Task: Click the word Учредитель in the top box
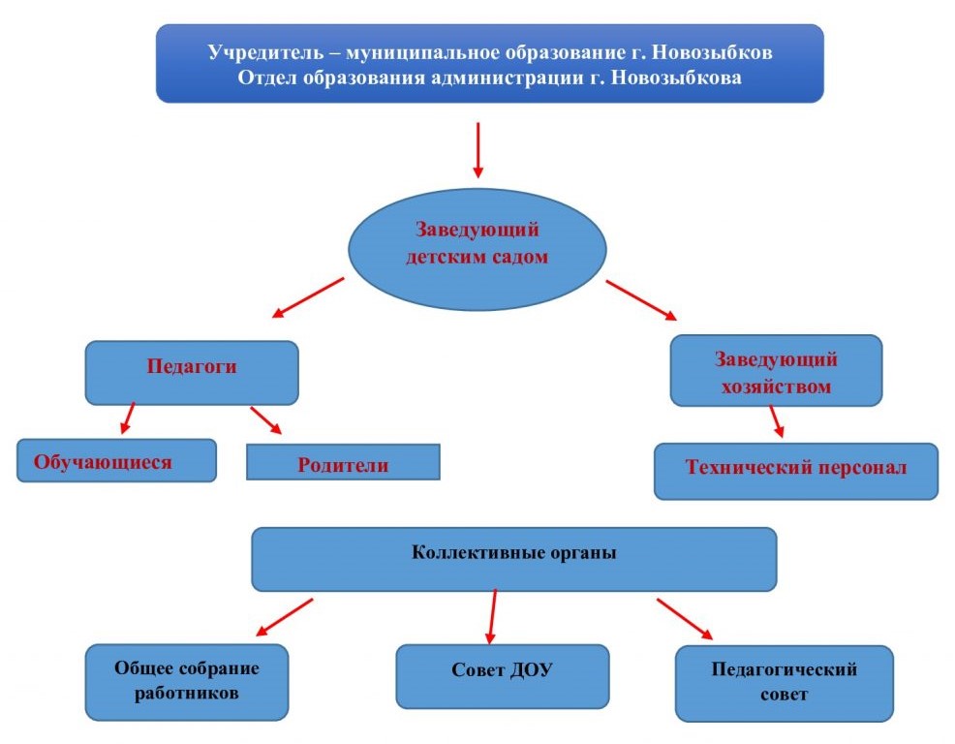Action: click(x=265, y=52)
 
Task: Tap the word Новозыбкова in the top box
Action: click(x=676, y=78)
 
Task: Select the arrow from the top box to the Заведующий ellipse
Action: click(x=478, y=150)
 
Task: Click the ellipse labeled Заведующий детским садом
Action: click(x=477, y=249)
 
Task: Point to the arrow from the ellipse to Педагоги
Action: click(x=308, y=298)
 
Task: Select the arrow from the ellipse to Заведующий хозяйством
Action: click(x=641, y=299)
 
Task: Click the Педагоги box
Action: click(x=192, y=372)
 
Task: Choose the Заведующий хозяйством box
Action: click(x=776, y=370)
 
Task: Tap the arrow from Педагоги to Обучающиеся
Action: click(x=127, y=418)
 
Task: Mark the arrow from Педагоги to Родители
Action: click(x=266, y=420)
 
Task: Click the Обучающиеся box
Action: click(x=116, y=461)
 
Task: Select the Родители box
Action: click(x=343, y=462)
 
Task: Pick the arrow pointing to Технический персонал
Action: click(x=777, y=421)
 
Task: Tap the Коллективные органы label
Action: click(x=514, y=552)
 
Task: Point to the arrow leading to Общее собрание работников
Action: click(x=285, y=617)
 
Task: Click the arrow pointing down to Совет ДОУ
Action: click(x=492, y=617)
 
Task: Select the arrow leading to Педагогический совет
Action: click(x=685, y=619)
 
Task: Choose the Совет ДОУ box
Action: click(x=503, y=676)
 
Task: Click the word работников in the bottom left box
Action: click(x=186, y=694)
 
